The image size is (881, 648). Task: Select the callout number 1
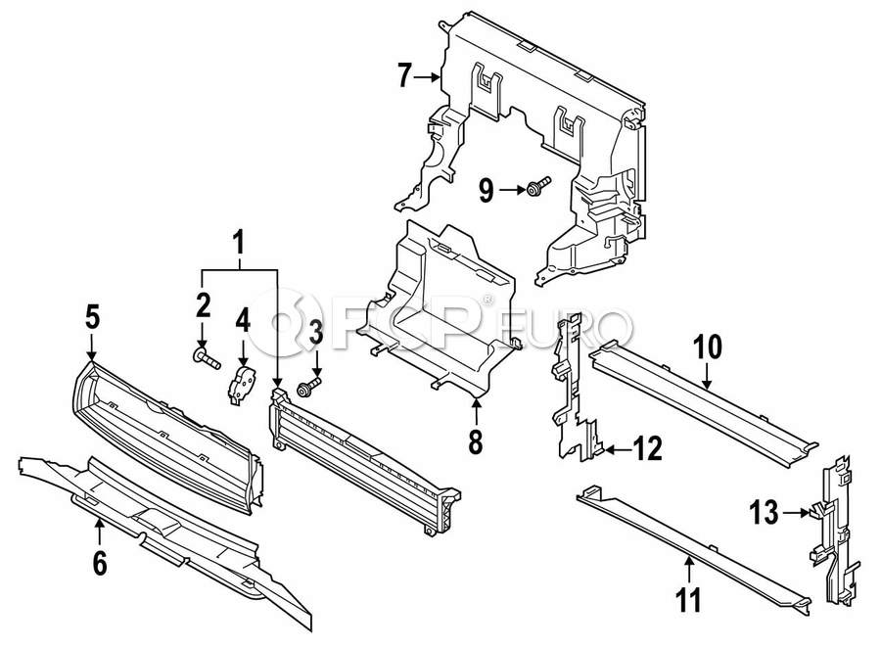point(239,242)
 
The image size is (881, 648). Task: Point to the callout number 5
point(91,317)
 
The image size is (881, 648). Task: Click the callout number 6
point(99,563)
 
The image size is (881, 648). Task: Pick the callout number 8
point(476,442)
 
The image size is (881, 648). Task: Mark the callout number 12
point(648,449)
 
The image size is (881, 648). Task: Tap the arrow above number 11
point(689,568)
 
